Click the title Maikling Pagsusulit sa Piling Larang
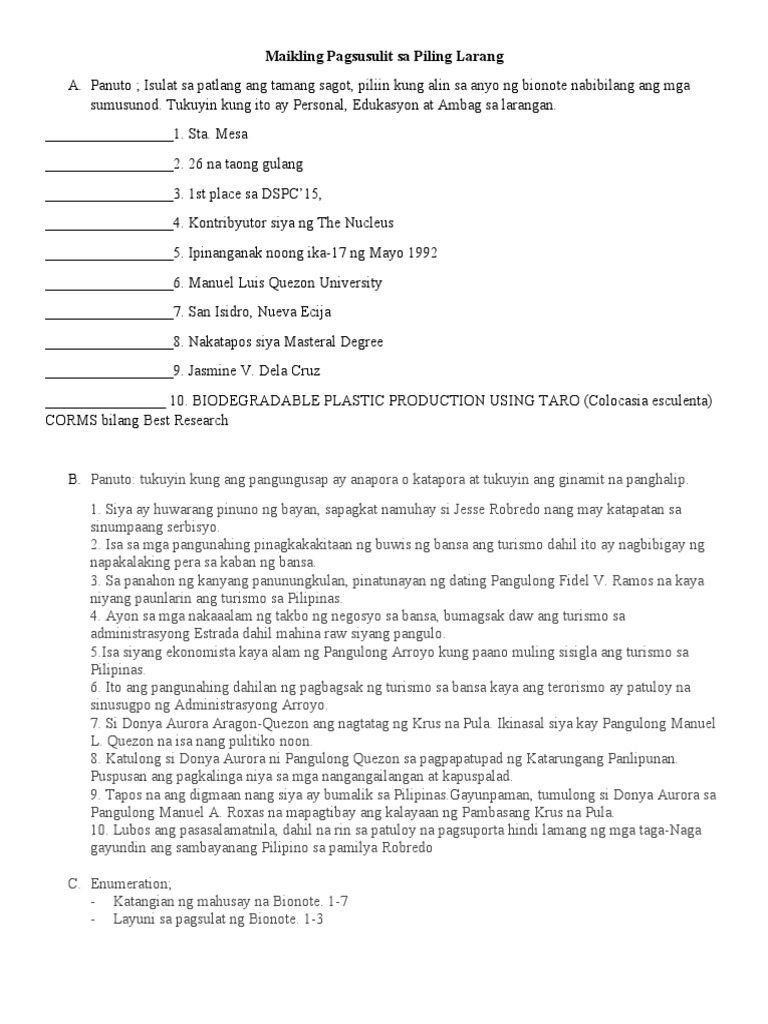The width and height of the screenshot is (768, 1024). (x=384, y=56)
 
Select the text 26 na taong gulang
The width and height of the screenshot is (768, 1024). (x=245, y=164)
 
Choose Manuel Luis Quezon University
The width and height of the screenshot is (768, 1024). (x=285, y=283)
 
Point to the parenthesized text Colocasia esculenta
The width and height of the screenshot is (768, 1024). (x=648, y=401)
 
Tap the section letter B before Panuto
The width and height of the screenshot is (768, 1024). (x=73, y=480)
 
